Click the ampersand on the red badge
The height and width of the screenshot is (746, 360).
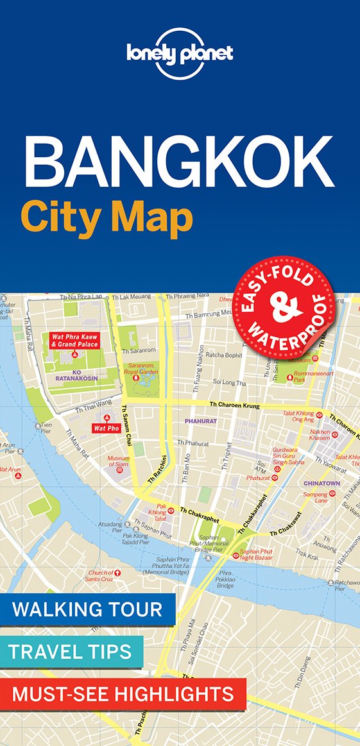[x=284, y=302]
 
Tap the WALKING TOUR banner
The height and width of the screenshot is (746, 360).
[x=87, y=609]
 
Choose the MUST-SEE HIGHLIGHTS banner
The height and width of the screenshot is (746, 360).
[x=123, y=693]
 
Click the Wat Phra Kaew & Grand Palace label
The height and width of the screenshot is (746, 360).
[x=73, y=340]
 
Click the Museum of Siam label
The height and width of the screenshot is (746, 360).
[x=118, y=462]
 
